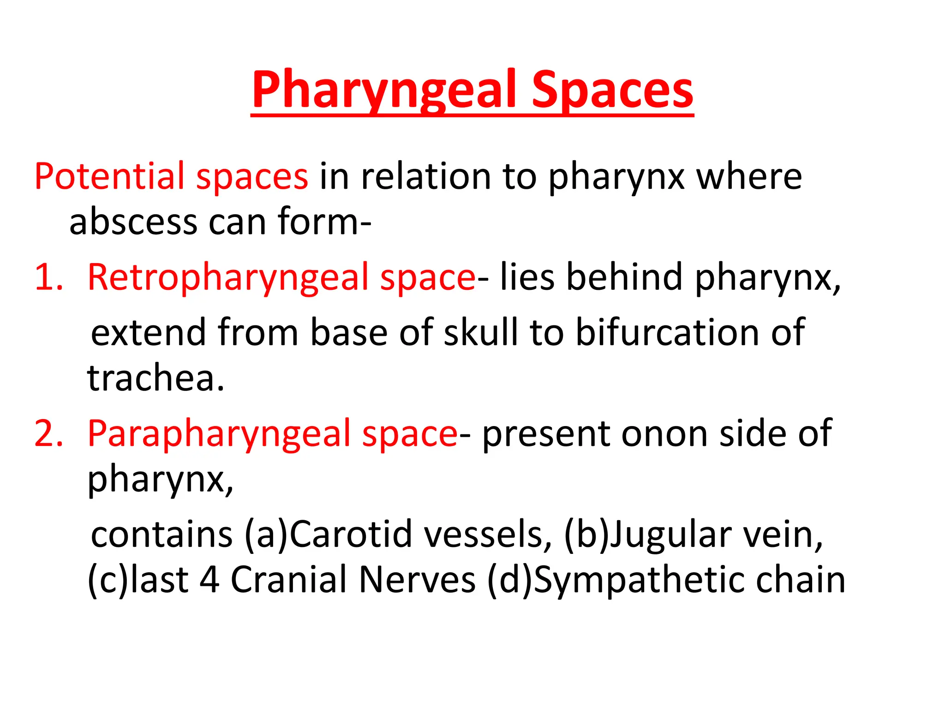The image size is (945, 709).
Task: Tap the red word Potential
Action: [x=109, y=176]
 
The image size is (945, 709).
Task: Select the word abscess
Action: [x=133, y=222]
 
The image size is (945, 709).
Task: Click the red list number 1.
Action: [x=48, y=277]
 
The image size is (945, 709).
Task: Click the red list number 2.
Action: [x=48, y=434]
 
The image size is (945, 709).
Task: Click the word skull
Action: [x=480, y=332]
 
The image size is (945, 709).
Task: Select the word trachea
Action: [x=155, y=378]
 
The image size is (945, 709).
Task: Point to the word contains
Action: [x=161, y=535]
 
